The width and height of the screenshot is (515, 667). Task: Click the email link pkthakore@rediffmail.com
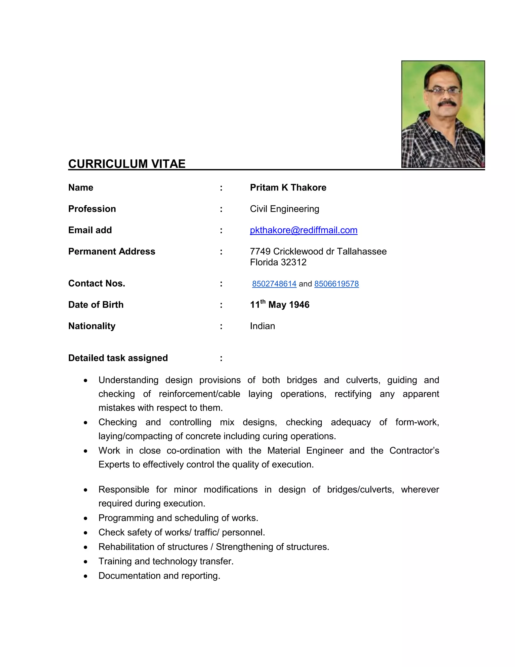[304, 230]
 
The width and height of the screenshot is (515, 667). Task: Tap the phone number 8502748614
[274, 284]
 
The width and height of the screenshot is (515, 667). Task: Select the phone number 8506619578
[336, 284]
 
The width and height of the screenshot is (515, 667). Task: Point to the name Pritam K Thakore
[288, 188]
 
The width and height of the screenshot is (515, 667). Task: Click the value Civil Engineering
[284, 209]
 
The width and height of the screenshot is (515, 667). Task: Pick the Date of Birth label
[96, 305]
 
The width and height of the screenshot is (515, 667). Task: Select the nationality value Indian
[262, 326]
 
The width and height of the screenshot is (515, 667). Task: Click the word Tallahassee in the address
[362, 251]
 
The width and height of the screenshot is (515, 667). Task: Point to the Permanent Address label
[112, 251]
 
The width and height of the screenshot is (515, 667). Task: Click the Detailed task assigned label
[118, 358]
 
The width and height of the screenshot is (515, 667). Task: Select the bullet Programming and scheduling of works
[178, 518]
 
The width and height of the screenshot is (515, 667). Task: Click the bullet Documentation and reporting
[159, 575]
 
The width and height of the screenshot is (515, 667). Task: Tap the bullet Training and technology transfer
[166, 561]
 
